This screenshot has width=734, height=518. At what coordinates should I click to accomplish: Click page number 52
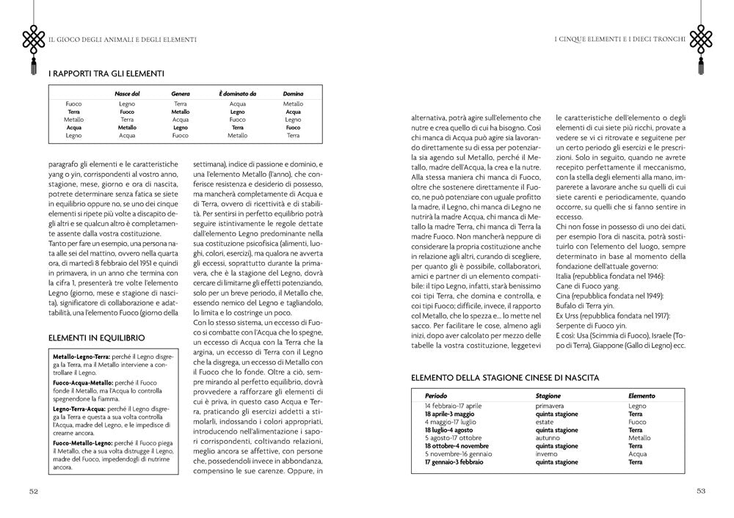click(x=33, y=491)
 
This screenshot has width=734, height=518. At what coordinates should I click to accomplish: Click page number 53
click(x=700, y=491)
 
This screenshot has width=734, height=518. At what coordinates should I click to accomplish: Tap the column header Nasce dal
click(x=127, y=94)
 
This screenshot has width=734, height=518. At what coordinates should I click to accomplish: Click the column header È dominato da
click(x=237, y=94)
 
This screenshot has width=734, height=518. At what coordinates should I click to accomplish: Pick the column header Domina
click(x=293, y=94)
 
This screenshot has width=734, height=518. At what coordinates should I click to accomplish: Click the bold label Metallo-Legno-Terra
click(x=82, y=355)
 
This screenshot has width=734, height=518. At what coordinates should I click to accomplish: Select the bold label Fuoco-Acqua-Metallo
click(x=84, y=382)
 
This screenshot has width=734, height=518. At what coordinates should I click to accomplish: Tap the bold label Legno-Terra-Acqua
click(x=80, y=408)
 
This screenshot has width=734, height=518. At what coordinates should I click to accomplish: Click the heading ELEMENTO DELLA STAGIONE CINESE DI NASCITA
click(x=505, y=377)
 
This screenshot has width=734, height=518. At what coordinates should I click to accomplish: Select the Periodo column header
click(x=435, y=396)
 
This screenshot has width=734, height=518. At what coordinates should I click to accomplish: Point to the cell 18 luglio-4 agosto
click(x=448, y=430)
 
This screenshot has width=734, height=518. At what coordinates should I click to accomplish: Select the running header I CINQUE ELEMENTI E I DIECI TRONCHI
click(x=620, y=38)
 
